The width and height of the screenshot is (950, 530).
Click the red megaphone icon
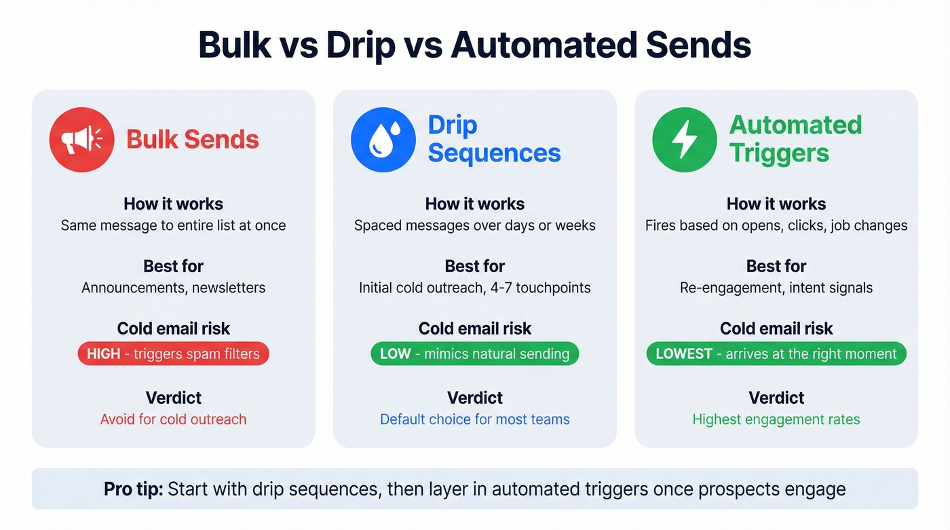tap(81, 140)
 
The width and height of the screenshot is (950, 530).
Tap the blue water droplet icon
tap(383, 140)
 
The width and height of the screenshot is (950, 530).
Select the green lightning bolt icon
tap(684, 140)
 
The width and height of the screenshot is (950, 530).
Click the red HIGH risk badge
tap(174, 354)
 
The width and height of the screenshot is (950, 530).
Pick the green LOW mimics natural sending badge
tap(474, 354)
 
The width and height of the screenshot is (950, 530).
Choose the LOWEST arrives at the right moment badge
tap(776, 354)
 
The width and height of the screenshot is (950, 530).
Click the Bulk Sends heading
tap(193, 140)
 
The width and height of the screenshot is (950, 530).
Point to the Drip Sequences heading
tap(494, 139)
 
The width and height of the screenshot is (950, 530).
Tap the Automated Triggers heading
tap(795, 139)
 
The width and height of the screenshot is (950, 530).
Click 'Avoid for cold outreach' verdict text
tap(174, 419)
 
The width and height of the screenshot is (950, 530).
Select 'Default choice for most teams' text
tap(475, 419)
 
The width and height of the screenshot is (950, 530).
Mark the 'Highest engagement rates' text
tap(776, 419)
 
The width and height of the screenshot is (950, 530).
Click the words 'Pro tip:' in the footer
tap(133, 489)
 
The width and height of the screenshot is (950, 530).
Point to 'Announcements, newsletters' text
tap(174, 288)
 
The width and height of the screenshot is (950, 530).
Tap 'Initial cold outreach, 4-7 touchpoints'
tap(475, 288)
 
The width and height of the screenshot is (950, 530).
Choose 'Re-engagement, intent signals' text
tap(776, 288)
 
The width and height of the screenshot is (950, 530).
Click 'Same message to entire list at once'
tap(174, 225)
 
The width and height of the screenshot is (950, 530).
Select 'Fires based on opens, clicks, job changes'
tap(776, 225)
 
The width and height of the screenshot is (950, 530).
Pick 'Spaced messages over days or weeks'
tap(475, 225)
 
